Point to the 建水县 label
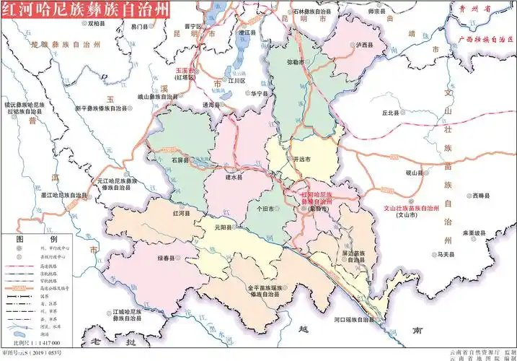pos(234,175)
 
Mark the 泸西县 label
pos(365,45)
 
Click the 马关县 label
pos(448,254)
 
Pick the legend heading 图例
pos(37,238)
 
